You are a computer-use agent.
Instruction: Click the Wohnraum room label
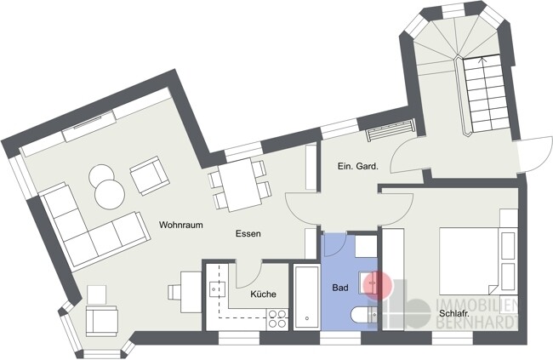[x=181, y=225]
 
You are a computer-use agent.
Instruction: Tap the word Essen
[x=248, y=233]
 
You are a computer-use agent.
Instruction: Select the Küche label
[x=264, y=294]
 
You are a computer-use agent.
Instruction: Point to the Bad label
[x=340, y=288]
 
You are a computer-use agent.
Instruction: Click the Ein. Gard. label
[x=357, y=166]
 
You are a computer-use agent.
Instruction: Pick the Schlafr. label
[x=454, y=313]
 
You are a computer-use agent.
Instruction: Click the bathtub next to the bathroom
[x=306, y=297]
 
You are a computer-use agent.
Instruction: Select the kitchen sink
[x=217, y=289]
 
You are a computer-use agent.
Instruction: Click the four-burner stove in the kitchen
[x=277, y=318]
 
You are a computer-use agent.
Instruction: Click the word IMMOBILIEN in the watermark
[x=476, y=306]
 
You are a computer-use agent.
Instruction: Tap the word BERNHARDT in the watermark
[x=476, y=323]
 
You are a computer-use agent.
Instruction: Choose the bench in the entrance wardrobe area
[x=390, y=130]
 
